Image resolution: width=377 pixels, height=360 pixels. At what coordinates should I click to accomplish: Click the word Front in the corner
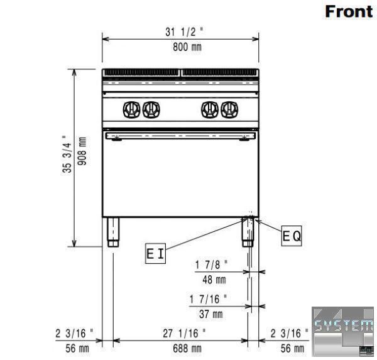[349, 11]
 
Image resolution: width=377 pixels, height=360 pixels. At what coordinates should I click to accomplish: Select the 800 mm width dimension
[187, 47]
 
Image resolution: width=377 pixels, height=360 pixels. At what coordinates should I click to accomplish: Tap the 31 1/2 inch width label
[184, 32]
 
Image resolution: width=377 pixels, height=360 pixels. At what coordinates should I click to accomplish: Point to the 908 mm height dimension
[82, 151]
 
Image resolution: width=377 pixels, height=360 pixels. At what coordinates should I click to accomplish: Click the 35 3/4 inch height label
[67, 154]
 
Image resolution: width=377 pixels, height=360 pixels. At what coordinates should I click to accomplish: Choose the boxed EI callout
[155, 253]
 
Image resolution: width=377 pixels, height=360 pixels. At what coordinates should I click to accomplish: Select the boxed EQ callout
[292, 236]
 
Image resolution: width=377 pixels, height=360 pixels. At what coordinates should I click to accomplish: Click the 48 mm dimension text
[214, 280]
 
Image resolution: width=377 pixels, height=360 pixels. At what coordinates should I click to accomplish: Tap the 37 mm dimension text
[211, 314]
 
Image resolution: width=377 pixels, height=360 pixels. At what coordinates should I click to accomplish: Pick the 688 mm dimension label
[187, 349]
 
